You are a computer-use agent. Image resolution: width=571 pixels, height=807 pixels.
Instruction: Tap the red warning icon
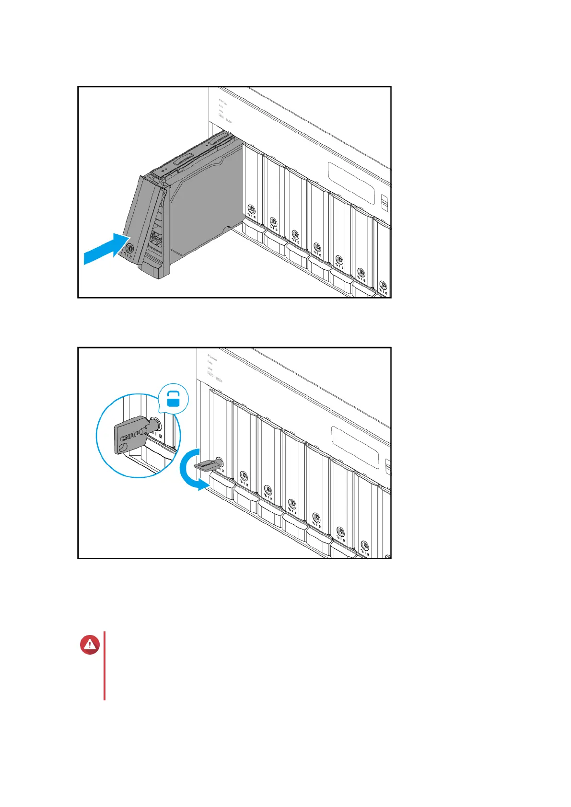click(90, 645)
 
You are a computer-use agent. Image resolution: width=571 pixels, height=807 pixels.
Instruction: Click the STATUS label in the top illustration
click(222, 102)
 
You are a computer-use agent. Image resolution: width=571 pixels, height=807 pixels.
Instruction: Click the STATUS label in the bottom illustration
click(212, 357)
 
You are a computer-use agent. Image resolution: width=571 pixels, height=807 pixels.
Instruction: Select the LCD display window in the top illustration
click(352, 182)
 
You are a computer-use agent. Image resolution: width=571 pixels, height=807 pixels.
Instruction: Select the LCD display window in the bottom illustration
click(355, 446)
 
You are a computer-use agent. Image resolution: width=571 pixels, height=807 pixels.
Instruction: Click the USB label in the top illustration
click(221, 111)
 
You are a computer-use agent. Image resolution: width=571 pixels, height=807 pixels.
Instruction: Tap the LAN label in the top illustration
click(221, 106)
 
